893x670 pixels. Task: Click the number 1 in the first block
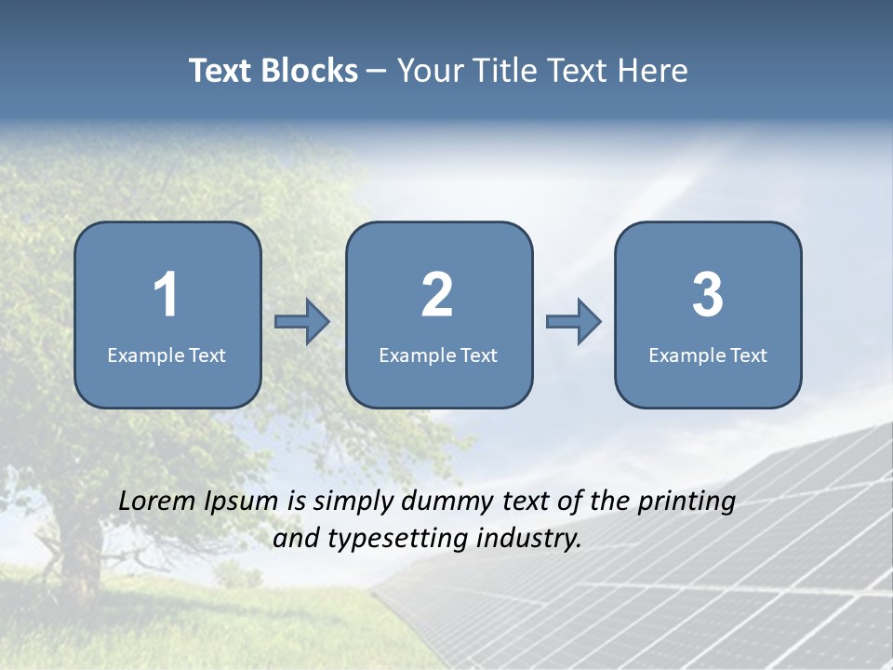tap(166, 295)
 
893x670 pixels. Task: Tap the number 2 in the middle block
tap(437, 295)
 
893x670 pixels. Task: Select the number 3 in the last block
tap(707, 295)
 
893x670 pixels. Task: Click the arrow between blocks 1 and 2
tap(302, 321)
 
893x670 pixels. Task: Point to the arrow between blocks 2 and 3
tap(574, 321)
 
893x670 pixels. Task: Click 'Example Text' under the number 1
tap(167, 355)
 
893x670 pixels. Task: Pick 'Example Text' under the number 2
tap(438, 355)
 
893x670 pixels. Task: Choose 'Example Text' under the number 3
tap(708, 355)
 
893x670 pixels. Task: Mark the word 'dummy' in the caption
tap(447, 502)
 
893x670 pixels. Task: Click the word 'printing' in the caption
tap(686, 502)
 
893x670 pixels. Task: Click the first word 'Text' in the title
tap(221, 71)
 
